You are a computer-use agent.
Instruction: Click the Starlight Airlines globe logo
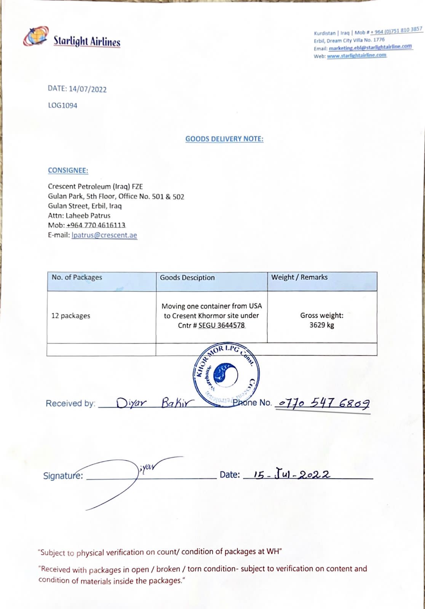pyautogui.click(x=36, y=37)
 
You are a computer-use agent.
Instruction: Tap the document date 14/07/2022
pyautogui.click(x=88, y=89)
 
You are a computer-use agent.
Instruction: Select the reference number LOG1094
pyautogui.click(x=62, y=105)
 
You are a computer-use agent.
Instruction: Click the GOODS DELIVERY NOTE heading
pyautogui.click(x=224, y=139)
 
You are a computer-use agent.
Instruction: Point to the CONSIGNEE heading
pyautogui.click(x=68, y=171)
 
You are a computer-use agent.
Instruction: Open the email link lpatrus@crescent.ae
pyautogui.click(x=104, y=235)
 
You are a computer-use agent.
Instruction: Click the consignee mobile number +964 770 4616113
pyautogui.click(x=96, y=225)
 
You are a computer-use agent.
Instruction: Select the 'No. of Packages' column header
pyautogui.click(x=77, y=277)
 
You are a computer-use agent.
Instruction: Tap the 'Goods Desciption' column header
pyautogui.click(x=187, y=278)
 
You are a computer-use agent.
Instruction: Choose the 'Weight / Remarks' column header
pyautogui.click(x=299, y=277)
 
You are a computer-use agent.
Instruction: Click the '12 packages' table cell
pyautogui.click(x=71, y=316)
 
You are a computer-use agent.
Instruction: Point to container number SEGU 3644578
pyautogui.click(x=221, y=325)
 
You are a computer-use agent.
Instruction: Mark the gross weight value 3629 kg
pyautogui.click(x=322, y=325)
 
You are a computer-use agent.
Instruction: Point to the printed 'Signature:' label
pyautogui.click(x=63, y=476)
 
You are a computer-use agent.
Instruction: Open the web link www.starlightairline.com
pyautogui.click(x=356, y=56)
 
